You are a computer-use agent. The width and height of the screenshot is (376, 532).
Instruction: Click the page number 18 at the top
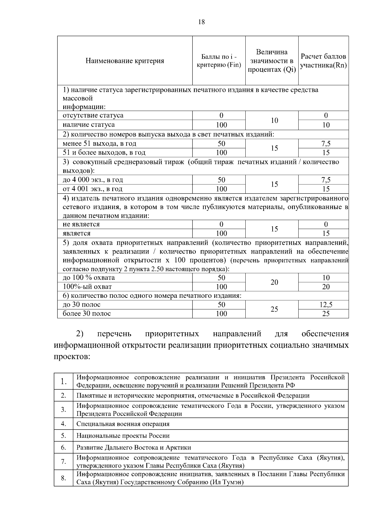click(x=201, y=22)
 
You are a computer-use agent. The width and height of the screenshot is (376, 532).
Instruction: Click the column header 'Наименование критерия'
click(x=125, y=61)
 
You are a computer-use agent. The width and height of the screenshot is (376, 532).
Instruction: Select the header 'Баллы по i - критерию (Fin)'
click(x=219, y=61)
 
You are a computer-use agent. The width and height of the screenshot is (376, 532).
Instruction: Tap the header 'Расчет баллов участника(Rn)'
click(x=323, y=61)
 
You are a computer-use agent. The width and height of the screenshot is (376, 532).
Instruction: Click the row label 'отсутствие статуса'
click(x=93, y=115)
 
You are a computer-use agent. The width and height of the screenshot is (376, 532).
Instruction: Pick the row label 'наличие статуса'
click(x=89, y=125)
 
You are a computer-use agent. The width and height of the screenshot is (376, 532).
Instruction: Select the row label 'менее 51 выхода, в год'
click(x=99, y=144)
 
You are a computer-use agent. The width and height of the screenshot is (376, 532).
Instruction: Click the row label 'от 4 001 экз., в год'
click(x=92, y=189)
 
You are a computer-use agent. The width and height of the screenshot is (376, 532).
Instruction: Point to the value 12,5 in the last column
click(x=326, y=304)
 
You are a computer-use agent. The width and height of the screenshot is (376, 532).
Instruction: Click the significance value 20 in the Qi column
click(x=274, y=282)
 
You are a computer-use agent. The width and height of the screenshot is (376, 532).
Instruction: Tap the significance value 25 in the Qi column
click(x=274, y=309)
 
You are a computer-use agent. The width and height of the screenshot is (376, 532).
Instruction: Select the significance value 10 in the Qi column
click(x=274, y=120)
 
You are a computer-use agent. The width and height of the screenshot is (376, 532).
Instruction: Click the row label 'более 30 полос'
click(x=87, y=313)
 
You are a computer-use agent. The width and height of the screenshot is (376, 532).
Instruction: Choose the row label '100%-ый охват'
click(x=87, y=287)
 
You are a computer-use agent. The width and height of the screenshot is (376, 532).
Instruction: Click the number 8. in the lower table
click(x=63, y=478)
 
